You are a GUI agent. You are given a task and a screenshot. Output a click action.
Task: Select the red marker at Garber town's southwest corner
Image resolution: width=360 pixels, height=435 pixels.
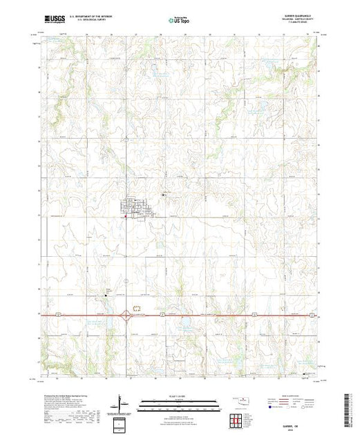point(125,219)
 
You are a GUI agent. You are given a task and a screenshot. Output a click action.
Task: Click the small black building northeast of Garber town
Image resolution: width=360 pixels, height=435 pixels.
point(163,196)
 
